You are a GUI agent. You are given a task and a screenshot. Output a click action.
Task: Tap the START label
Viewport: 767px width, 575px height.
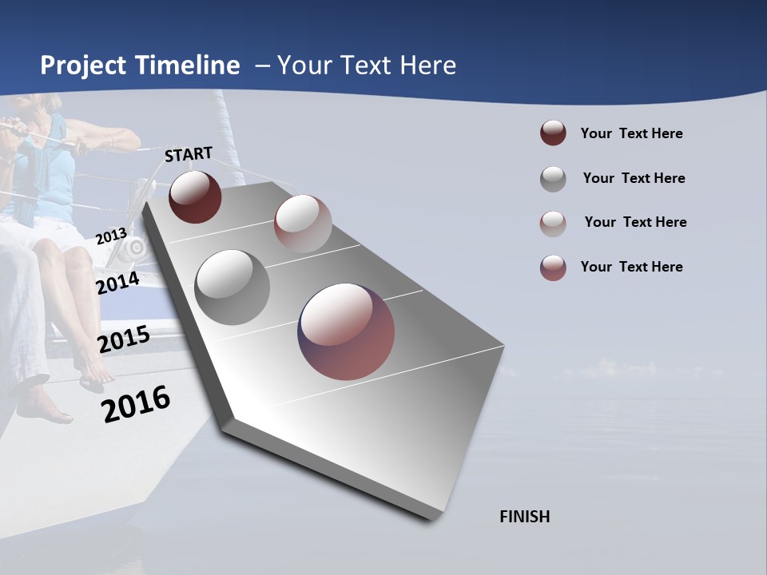(189, 153)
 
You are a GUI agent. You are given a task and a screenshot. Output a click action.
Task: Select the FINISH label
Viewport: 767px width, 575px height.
(524, 517)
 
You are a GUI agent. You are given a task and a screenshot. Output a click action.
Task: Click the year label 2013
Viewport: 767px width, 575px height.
(111, 236)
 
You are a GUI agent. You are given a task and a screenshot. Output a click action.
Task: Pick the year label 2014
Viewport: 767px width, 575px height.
(117, 283)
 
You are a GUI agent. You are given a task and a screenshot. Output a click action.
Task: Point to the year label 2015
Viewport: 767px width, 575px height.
(123, 339)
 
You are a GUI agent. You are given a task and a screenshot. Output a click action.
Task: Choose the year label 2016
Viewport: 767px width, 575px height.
(136, 404)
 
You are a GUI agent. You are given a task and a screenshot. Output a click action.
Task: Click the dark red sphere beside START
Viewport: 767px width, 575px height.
(195, 196)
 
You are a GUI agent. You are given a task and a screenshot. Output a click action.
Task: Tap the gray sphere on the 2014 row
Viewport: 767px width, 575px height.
(232, 287)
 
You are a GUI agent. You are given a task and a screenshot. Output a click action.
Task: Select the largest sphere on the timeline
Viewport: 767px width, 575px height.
(346, 331)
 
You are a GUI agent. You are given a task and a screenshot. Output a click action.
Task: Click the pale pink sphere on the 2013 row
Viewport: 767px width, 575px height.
(303, 224)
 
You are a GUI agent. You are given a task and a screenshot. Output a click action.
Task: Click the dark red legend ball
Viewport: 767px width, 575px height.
(553, 133)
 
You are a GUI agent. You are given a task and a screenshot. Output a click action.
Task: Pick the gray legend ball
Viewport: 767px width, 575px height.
(553, 179)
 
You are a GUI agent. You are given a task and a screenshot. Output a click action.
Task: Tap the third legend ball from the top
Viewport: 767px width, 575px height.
(553, 223)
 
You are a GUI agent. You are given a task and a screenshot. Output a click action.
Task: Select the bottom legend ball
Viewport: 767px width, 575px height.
(553, 268)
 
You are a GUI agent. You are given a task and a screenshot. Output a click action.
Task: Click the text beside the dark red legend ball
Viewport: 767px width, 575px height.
(631, 133)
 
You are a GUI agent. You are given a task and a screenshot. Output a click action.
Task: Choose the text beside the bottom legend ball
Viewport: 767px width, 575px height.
(631, 267)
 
